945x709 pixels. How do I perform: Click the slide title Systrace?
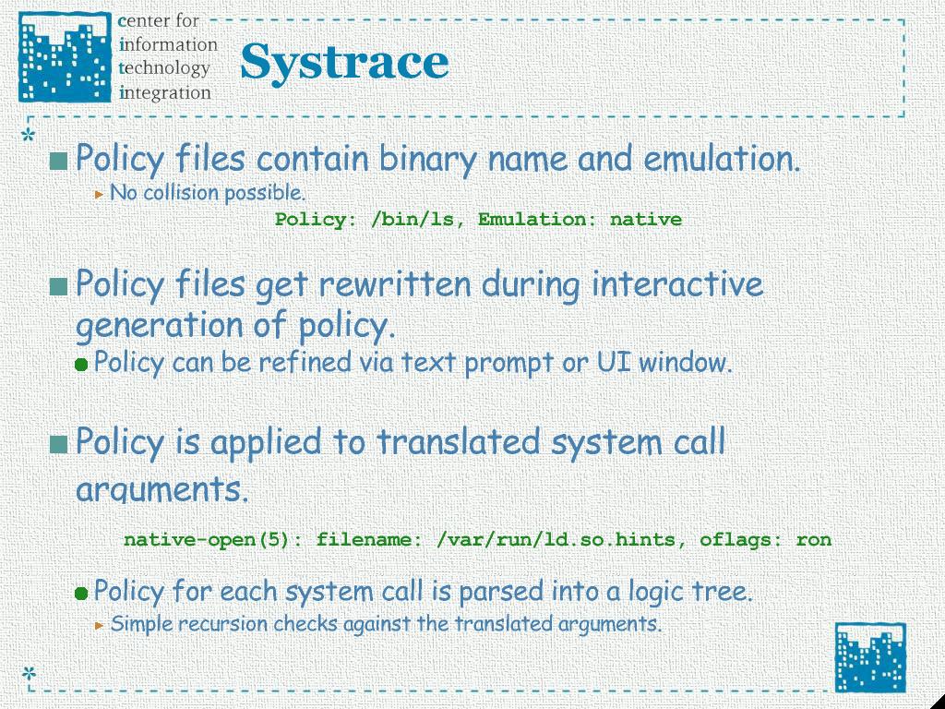344,63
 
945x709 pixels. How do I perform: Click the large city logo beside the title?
66,56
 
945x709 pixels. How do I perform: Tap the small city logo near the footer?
870,657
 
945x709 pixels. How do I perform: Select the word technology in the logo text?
164,68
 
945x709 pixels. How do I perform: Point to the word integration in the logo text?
165,93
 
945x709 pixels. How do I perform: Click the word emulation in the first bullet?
722,159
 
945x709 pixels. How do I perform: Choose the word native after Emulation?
645,219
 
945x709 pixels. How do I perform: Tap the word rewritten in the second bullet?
394,284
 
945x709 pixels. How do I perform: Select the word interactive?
677,284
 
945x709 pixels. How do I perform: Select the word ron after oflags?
814,539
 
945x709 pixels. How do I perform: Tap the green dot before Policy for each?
81,594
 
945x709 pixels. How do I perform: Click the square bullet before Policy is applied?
58,444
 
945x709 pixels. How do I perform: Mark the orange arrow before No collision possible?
100,195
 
